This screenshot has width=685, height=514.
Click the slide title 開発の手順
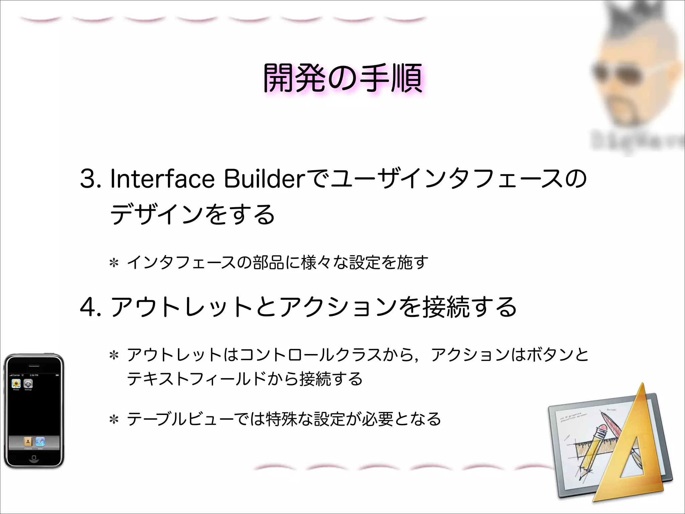coord(342,78)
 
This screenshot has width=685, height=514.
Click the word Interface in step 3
coord(162,179)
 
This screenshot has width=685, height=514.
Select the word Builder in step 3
coord(264,179)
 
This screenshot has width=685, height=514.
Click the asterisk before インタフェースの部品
coord(114,263)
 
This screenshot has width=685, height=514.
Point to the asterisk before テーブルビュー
coord(114,420)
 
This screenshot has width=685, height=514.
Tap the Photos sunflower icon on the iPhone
coord(16,383)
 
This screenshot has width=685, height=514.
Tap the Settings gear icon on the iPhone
coord(28,383)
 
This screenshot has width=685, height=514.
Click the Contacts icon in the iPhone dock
coord(28,442)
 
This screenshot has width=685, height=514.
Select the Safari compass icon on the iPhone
coord(40,442)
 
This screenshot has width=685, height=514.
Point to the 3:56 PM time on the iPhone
coord(34,375)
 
